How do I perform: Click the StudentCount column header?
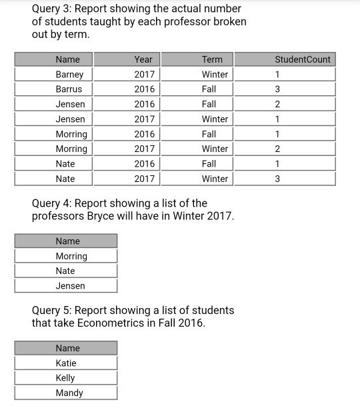pyautogui.click(x=303, y=59)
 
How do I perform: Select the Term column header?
pyautogui.click(x=212, y=59)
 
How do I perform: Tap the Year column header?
pyautogui.click(x=143, y=59)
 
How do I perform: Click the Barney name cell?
pyautogui.click(x=69, y=75)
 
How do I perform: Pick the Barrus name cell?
pyautogui.click(x=69, y=89)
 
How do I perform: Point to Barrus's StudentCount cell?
pyautogui.click(x=277, y=89)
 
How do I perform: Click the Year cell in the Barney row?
pyautogui.click(x=144, y=75)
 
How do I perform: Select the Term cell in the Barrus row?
pyautogui.click(x=209, y=89)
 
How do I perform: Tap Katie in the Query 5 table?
pyautogui.click(x=66, y=363)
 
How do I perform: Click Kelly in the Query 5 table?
pyautogui.click(x=65, y=378)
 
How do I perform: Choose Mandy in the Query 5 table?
pyautogui.click(x=69, y=393)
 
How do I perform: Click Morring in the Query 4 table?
pyautogui.click(x=71, y=256)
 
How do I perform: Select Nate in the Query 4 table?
pyautogui.click(x=65, y=271)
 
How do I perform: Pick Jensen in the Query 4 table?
pyautogui.click(x=70, y=286)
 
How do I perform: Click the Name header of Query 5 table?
pyautogui.click(x=67, y=348)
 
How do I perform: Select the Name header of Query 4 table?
pyautogui.click(x=67, y=241)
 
